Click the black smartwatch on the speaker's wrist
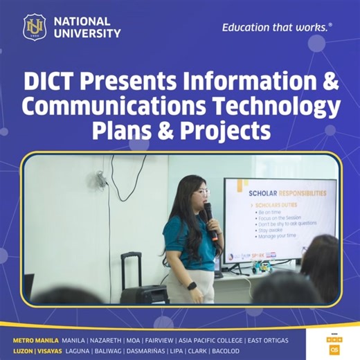(192, 285)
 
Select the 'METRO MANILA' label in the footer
(35, 341)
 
